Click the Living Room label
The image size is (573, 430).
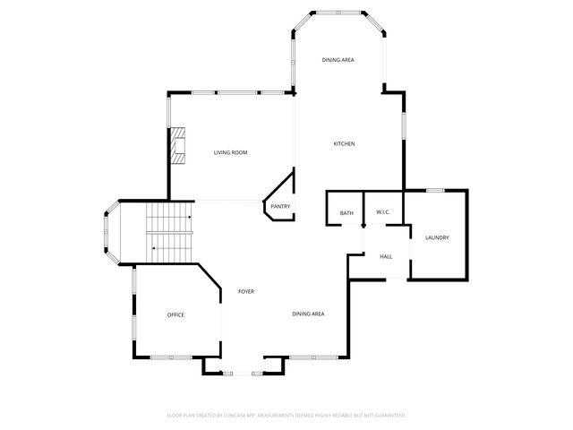230,153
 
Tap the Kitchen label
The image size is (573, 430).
345,144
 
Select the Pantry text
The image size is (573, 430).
279,207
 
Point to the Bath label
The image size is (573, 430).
346,212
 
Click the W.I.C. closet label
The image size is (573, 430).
383,212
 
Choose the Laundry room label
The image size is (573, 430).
437,237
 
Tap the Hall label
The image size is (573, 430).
386,257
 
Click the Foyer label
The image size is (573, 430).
246,293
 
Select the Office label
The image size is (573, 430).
175,314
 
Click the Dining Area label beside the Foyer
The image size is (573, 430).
308,314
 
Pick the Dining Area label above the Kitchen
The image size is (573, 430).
338,60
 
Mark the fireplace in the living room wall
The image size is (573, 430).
179,146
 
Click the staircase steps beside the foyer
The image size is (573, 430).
170,232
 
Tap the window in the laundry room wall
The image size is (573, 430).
436,190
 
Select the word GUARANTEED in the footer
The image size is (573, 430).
386,416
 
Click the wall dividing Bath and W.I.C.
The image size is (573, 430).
363,208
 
